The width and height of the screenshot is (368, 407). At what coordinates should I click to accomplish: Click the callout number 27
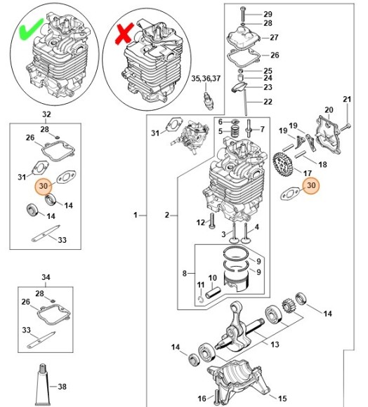click(274, 38)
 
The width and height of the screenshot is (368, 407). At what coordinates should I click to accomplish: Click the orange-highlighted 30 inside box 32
click(44, 187)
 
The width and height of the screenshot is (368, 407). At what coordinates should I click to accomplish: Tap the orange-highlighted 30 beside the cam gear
click(311, 186)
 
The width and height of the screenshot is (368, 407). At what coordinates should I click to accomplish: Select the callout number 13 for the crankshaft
click(275, 344)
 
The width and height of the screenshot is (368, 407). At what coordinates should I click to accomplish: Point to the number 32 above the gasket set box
click(46, 114)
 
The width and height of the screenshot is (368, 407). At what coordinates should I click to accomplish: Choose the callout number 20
click(328, 109)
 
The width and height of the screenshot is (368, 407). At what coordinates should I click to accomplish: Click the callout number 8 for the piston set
click(184, 273)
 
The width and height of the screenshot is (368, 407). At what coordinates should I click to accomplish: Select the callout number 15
click(282, 396)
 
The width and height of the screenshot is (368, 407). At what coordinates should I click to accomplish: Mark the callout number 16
click(202, 399)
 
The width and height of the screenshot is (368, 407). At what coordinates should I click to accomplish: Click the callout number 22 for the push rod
click(268, 102)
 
